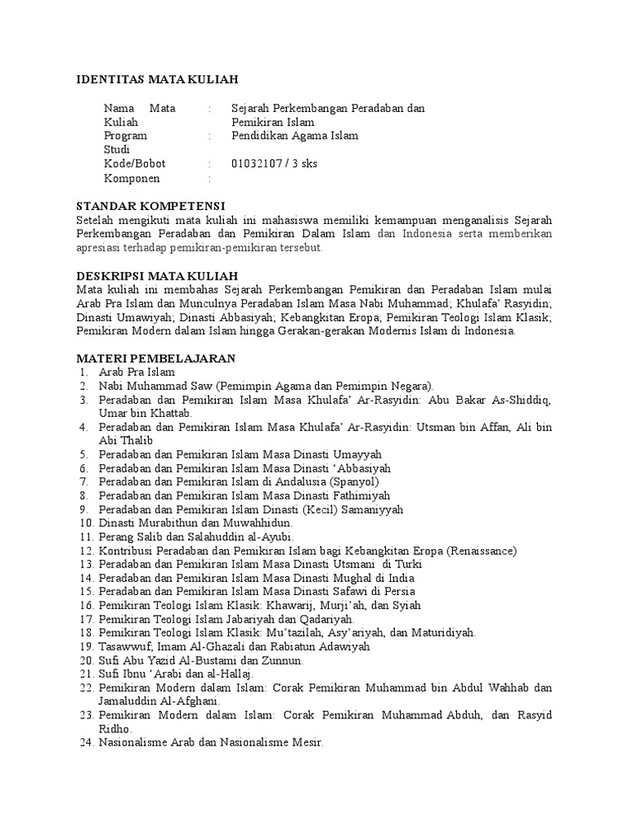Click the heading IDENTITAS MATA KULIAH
[156, 79]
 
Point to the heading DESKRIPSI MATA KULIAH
[157, 276]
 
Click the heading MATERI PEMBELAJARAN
[155, 358]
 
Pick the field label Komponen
[132, 178]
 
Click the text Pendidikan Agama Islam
[294, 136]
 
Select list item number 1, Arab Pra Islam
[137, 372]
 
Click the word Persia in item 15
[397, 591]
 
